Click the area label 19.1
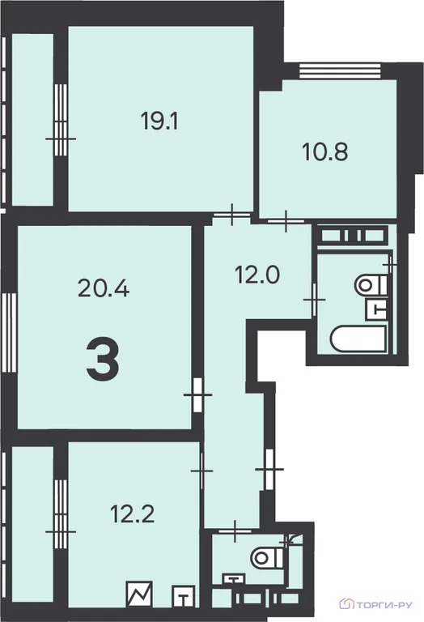pyautogui.click(x=159, y=121)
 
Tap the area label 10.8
pyautogui.click(x=325, y=151)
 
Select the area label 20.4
pyautogui.click(x=104, y=288)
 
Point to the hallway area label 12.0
pyautogui.click(x=257, y=275)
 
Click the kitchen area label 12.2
pyautogui.click(x=132, y=513)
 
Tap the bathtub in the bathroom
pyautogui.click(x=358, y=339)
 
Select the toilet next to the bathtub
pyautogui.click(x=371, y=285)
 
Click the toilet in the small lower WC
pyautogui.click(x=268, y=558)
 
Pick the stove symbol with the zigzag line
pyautogui.click(x=139, y=594)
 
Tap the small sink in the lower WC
pyautogui.click(x=235, y=579)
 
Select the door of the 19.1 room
pyautogui.click(x=231, y=215)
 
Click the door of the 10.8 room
pyautogui.click(x=286, y=220)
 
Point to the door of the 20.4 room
pyautogui.click(x=197, y=395)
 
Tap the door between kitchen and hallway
pyautogui.click(x=201, y=471)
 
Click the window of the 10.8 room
pyautogui.click(x=340, y=71)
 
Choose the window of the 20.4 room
pyautogui.click(x=9, y=332)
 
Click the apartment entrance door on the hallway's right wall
pyautogui.click(x=269, y=469)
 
